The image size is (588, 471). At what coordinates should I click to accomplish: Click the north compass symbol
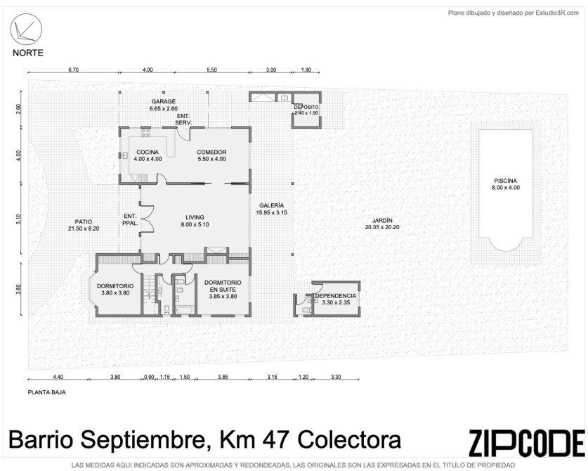[x=26, y=30]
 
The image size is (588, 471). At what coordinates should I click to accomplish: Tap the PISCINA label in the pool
[x=505, y=181]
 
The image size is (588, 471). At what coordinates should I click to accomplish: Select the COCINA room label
[x=148, y=153]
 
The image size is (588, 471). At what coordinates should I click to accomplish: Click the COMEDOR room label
[x=211, y=153]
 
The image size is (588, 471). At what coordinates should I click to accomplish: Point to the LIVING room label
[x=195, y=217]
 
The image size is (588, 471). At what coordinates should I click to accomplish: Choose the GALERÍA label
[x=271, y=206]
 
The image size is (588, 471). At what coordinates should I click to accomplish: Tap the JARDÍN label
[x=382, y=220]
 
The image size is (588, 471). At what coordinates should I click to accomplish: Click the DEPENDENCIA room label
[x=336, y=296]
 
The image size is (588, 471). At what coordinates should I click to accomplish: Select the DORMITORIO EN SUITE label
[x=223, y=286]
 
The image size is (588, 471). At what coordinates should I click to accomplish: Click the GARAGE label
[x=164, y=101]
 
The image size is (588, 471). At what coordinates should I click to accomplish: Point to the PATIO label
[x=84, y=222]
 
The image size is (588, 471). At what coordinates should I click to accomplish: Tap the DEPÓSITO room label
[x=306, y=108]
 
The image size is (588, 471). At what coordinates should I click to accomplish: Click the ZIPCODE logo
[x=526, y=443]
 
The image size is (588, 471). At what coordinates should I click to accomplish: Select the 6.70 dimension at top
[x=73, y=70]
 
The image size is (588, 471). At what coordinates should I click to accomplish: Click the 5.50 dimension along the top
[x=211, y=70]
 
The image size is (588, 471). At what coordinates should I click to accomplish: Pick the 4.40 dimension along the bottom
[x=58, y=377]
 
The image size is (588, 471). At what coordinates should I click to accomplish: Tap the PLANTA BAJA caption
[x=47, y=392]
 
